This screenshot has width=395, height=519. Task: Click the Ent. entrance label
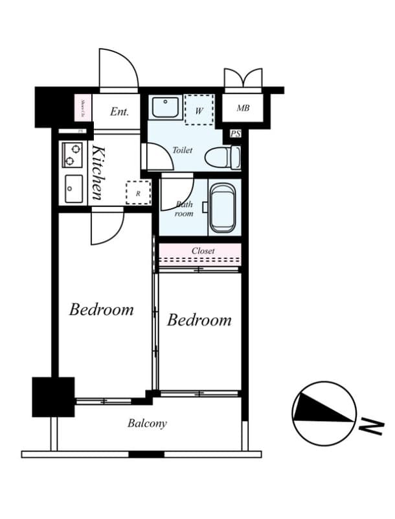pos(119,112)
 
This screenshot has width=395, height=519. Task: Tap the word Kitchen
pos(97,172)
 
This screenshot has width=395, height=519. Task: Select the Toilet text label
pos(182,150)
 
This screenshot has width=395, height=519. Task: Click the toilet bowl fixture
pos(223,158)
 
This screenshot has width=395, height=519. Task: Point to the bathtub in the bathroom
pos(222,208)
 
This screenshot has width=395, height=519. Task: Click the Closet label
pos(203,250)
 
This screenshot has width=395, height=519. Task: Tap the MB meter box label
pos(243,108)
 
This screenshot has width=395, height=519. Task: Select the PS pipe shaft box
pos(235,134)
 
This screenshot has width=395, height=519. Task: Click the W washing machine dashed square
pos(199,109)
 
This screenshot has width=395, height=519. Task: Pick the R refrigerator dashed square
pos(138,193)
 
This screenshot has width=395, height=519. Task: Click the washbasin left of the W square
pos(166,108)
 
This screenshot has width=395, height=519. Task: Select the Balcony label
pos(147,424)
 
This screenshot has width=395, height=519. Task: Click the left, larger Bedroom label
pos(102,309)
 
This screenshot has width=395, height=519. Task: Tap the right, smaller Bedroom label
pos(199,320)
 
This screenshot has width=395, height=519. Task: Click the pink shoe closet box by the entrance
pos(84,108)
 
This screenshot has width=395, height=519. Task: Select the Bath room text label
pos(185,208)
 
